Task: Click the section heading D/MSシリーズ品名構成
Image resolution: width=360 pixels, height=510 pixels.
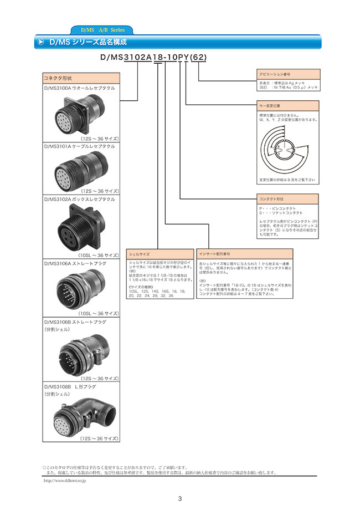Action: pos(89,42)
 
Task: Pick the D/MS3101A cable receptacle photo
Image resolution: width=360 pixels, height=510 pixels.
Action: pos(81,170)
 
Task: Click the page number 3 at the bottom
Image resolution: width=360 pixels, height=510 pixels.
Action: pos(180,498)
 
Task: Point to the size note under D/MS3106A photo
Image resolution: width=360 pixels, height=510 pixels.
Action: pos(99,313)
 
